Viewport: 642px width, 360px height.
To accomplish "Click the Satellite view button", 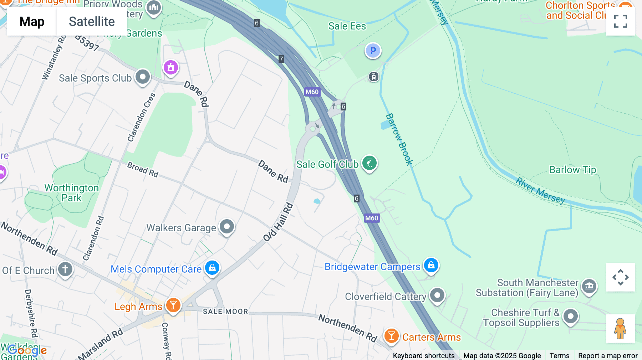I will point(92,22).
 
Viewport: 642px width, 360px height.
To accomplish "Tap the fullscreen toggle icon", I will point(620,21).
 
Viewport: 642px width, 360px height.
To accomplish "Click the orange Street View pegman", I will point(620,328).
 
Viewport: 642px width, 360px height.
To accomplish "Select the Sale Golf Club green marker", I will point(369,164).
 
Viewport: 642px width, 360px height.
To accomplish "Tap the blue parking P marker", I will point(373,51).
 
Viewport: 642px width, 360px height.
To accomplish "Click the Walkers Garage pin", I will point(226,227).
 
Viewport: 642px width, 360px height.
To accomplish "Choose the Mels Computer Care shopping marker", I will point(212,267).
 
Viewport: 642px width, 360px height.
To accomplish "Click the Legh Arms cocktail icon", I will point(173,305).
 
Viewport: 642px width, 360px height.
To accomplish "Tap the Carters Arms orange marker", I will point(391,336).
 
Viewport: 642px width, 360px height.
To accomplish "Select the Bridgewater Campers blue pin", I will point(431,265).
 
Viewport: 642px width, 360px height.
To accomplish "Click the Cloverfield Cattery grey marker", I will point(437,295).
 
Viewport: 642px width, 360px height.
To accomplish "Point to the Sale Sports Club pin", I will point(143,77).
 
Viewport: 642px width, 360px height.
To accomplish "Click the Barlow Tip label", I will point(572,170).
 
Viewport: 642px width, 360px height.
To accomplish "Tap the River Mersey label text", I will point(540,191).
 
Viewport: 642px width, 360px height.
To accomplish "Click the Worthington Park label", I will point(71,193).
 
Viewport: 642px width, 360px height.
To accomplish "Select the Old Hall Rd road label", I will point(279,222).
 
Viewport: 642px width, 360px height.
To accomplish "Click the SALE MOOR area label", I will point(225,312).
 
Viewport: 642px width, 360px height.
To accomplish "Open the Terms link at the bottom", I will point(559,355).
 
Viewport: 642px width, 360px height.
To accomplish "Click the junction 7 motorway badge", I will point(281,59).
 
